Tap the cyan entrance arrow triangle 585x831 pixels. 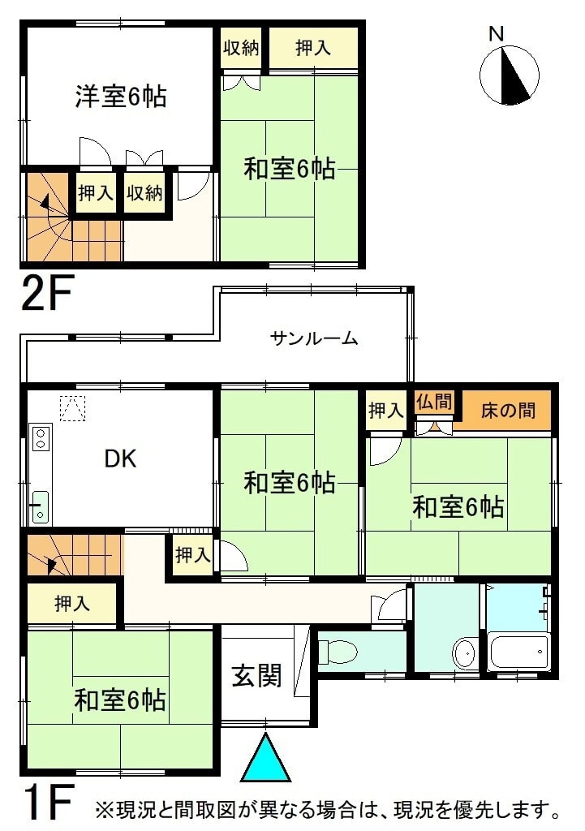(265, 759)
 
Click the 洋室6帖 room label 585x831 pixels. (121, 97)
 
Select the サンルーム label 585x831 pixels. (314, 338)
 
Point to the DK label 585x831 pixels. (121, 459)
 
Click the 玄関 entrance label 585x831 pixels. (256, 675)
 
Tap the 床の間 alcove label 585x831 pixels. (508, 410)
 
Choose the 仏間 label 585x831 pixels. (434, 402)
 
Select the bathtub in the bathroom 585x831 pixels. (518, 652)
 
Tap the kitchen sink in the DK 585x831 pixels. (41, 507)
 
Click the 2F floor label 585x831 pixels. (46, 292)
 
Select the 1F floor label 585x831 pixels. (46, 802)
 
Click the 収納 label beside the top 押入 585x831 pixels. (241, 48)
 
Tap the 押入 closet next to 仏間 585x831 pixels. (385, 410)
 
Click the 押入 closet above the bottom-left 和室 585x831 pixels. (71, 603)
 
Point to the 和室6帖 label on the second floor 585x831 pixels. (290, 169)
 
